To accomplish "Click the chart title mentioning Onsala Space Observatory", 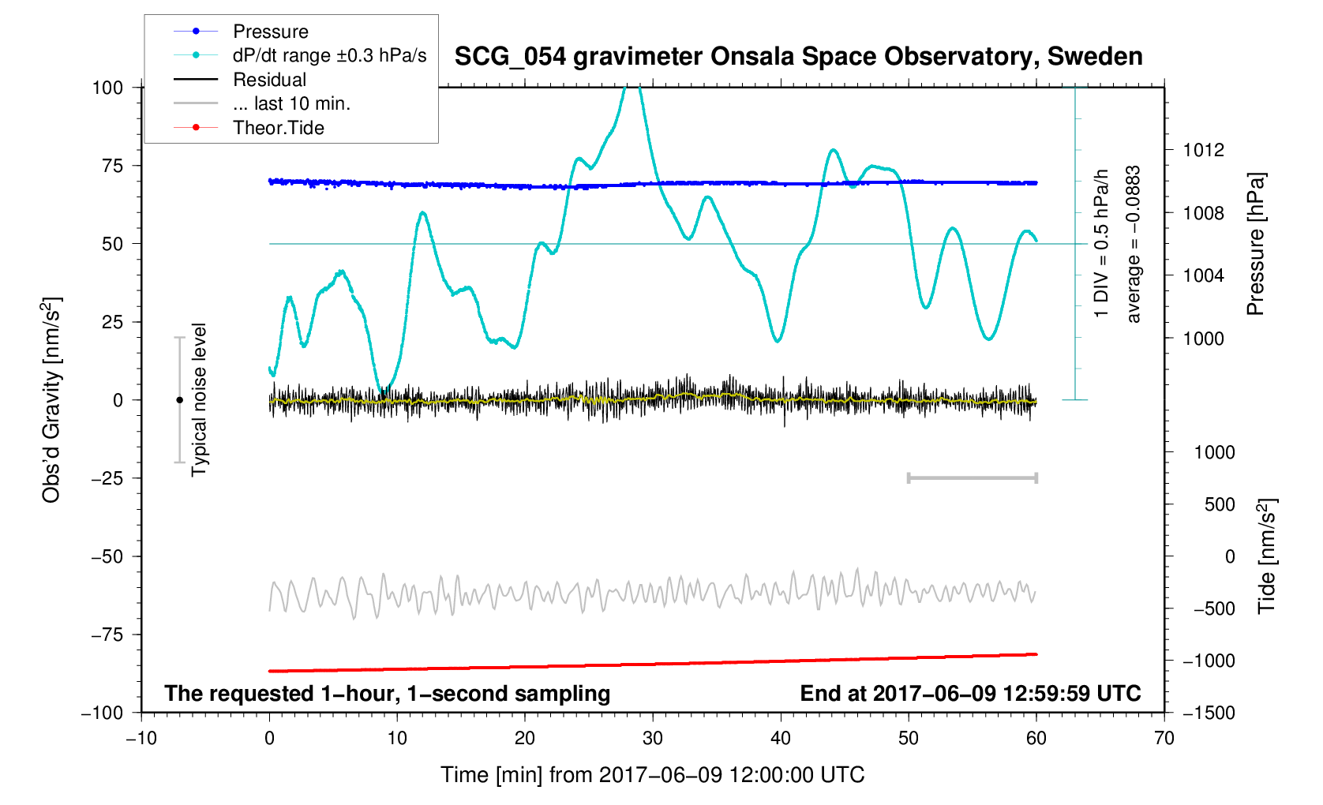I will click(x=798, y=57).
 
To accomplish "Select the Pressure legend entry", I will click(x=270, y=32).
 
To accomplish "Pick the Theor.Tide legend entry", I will click(x=278, y=128).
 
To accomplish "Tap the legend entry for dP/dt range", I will click(x=329, y=55).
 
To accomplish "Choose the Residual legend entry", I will click(x=269, y=80).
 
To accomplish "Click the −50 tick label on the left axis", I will click(x=107, y=556).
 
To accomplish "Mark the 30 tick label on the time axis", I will click(x=652, y=739).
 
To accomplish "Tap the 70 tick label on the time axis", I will click(x=1164, y=739).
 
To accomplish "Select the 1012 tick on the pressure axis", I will click(x=1203, y=150).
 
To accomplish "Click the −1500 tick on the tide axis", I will click(x=1208, y=713).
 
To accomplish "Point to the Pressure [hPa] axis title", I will click(x=1255, y=244).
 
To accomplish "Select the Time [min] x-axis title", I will click(x=652, y=775).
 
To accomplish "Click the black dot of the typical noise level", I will click(x=179, y=400).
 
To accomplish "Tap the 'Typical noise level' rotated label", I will click(x=199, y=400).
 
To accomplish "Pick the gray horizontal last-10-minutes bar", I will click(x=972, y=477).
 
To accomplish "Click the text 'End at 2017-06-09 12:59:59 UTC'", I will click(x=970, y=694).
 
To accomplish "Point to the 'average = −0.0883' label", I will click(x=1134, y=244).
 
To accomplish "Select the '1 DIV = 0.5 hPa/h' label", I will click(x=1101, y=244).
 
